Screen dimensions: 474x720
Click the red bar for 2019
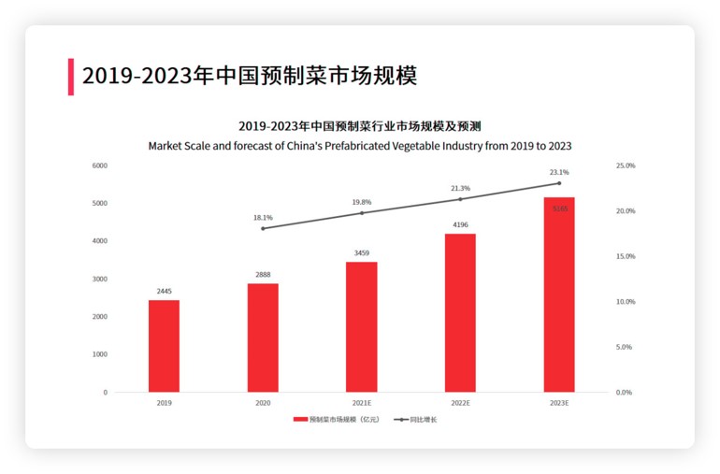[x=164, y=346]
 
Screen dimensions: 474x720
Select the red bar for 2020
[x=263, y=338]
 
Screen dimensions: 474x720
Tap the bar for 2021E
[x=362, y=326]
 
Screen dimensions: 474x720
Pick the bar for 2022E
[x=460, y=312]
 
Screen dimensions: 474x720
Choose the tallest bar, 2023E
[x=559, y=294]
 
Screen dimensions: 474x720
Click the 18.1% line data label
[x=263, y=218]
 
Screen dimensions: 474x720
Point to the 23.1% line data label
[x=559, y=173]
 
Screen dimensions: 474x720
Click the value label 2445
[x=164, y=291]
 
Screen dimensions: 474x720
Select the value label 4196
[x=460, y=224]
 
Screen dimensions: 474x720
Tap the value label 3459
[x=362, y=252]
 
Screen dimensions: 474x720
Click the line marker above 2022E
[x=460, y=198]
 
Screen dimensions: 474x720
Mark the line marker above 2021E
[x=362, y=213]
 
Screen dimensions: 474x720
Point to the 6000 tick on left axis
[x=99, y=165]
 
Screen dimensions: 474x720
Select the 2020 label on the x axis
[x=263, y=403]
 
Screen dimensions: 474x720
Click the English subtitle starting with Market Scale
[x=360, y=146]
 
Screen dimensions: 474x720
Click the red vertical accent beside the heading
[x=70, y=77]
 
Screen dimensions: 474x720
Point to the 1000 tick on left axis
[x=99, y=354]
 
